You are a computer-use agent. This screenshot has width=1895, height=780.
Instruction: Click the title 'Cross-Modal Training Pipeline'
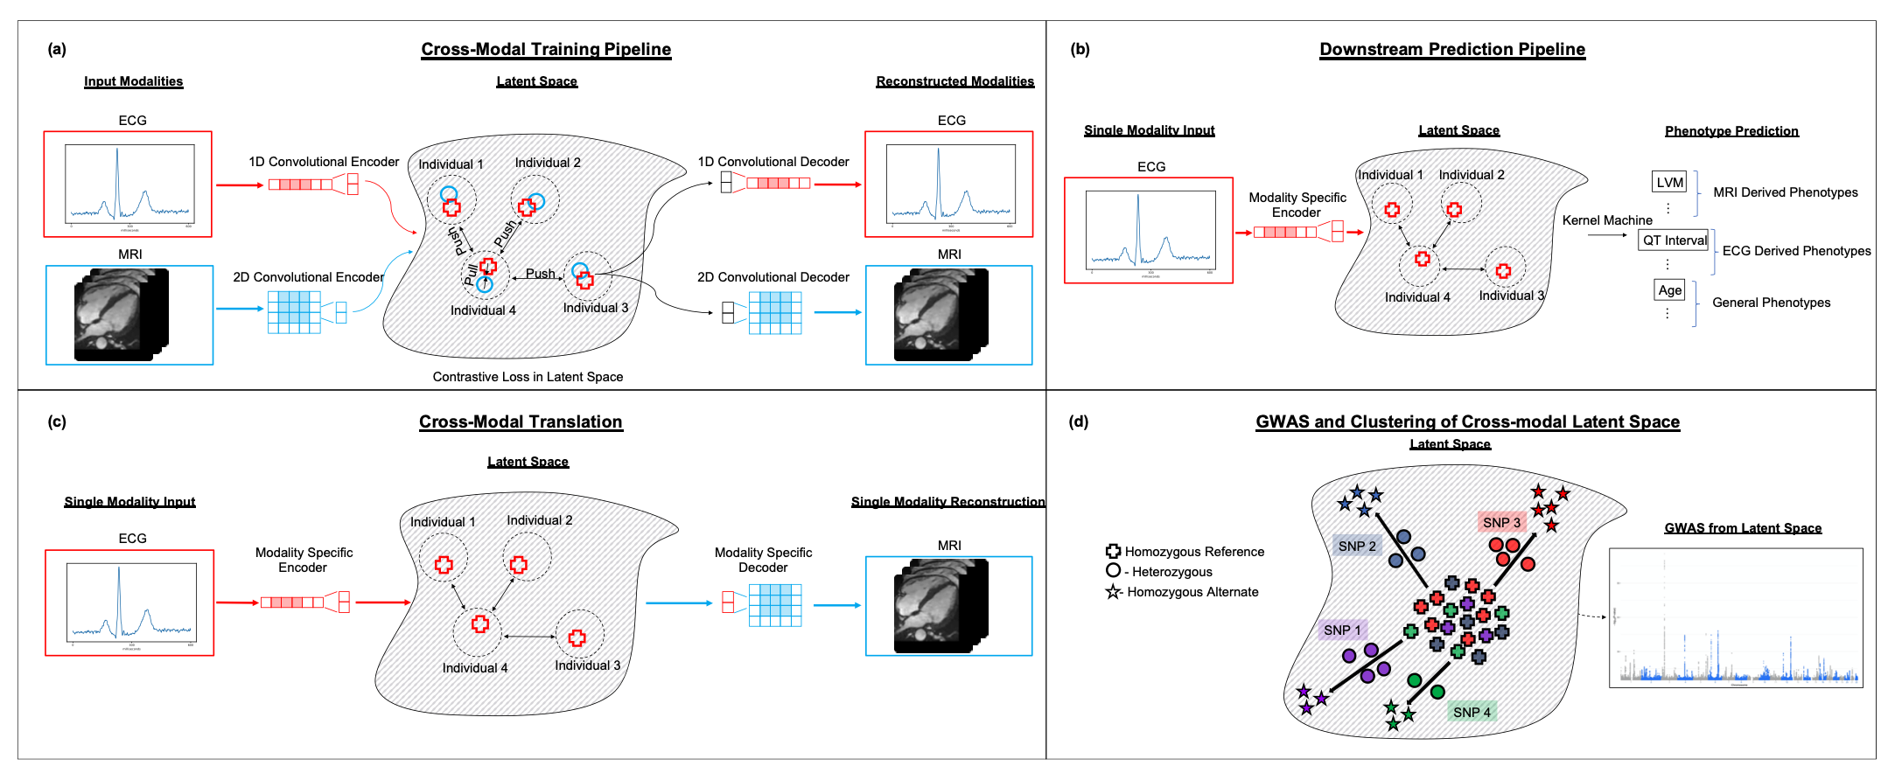coord(546,50)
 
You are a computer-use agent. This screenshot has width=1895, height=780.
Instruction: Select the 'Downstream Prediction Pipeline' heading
coord(1452,50)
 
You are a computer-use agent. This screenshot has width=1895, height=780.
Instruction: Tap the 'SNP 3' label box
coord(1502,522)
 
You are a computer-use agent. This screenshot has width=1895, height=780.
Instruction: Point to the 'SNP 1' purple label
coord(1342,630)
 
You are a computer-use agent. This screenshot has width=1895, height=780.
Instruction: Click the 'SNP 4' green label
coord(1472,712)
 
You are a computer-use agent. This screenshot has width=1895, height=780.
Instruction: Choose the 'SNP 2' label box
coord(1357,546)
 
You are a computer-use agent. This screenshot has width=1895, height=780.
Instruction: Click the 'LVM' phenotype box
coord(1669,183)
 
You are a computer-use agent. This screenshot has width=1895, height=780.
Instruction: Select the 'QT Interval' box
coord(1675,240)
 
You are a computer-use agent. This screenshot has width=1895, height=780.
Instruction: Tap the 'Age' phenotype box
coord(1669,290)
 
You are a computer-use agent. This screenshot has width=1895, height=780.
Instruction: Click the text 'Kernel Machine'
coord(1607,220)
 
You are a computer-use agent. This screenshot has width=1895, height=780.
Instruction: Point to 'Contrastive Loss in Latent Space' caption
coord(528,377)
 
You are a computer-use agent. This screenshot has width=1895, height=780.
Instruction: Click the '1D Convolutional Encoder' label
coord(324,162)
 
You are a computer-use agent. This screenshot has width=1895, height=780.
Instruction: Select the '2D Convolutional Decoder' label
coord(773,277)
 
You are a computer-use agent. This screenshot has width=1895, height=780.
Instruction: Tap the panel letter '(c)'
coord(57,421)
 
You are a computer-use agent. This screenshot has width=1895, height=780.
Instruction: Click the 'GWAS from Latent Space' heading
coord(1743,528)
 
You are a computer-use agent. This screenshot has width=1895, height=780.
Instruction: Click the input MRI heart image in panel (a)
coord(122,315)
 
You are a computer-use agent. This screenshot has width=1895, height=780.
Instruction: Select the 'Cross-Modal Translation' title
coord(521,422)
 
